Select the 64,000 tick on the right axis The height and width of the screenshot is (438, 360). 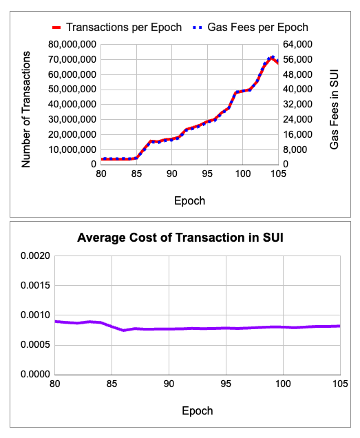click(299, 45)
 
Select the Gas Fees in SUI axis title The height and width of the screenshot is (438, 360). click(335, 109)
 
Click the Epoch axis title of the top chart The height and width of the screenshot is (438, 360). click(189, 200)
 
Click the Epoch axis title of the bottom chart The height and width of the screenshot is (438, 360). click(198, 410)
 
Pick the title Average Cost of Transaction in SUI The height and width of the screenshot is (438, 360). click(180, 238)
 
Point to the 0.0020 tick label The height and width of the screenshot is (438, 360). click(34, 255)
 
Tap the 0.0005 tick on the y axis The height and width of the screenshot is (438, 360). click(34, 344)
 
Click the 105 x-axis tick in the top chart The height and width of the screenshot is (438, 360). click(277, 176)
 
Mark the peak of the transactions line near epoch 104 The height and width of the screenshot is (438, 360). click(273, 57)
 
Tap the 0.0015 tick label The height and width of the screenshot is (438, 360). click(34, 285)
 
